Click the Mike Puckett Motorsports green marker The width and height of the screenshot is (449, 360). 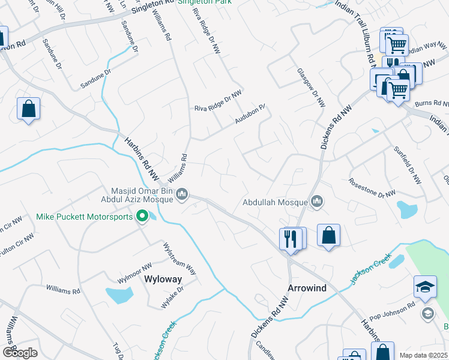[142, 216]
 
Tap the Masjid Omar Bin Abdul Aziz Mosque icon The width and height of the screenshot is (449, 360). [184, 194]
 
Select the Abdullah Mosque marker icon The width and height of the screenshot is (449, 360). [316, 202]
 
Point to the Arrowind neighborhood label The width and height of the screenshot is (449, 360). [308, 288]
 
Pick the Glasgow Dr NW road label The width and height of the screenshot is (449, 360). [312, 87]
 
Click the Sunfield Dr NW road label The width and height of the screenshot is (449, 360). [408, 164]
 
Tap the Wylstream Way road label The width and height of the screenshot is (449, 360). [180, 259]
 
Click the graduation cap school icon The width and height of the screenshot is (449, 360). [425, 287]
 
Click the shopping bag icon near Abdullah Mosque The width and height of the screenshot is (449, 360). [328, 235]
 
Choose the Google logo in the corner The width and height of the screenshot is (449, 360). [20, 353]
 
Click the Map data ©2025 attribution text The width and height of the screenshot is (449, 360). [423, 355]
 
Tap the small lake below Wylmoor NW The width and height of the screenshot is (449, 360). [119, 295]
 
